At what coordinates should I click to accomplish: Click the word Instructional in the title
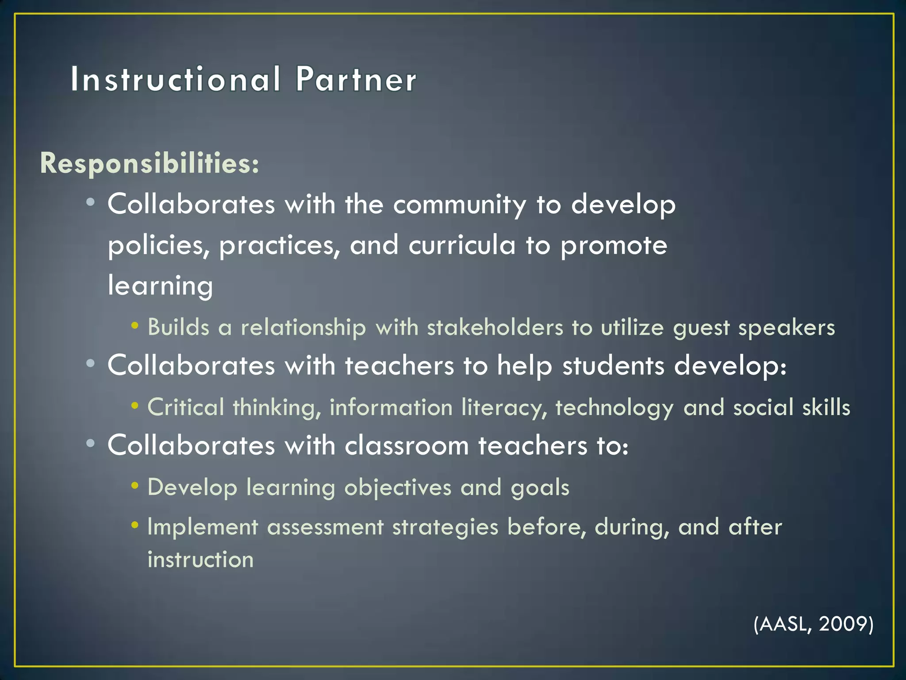[x=175, y=80]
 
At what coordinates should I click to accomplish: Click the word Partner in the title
[x=356, y=80]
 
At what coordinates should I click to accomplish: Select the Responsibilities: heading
[x=150, y=163]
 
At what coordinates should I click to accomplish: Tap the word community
[x=460, y=205]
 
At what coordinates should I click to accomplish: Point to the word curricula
[x=462, y=245]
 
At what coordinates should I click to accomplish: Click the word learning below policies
[x=160, y=286]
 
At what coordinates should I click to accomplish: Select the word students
[x=613, y=366]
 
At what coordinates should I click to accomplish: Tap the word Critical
[x=186, y=407]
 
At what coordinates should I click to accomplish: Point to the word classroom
[x=407, y=446]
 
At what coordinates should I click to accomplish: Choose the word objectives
[x=398, y=488]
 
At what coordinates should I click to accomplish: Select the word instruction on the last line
[x=200, y=560]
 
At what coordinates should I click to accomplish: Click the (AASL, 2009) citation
[x=813, y=624]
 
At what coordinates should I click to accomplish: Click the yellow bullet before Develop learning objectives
[x=135, y=486]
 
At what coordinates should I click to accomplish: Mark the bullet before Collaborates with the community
[x=91, y=203]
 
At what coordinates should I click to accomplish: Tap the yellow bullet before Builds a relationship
[x=135, y=326]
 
